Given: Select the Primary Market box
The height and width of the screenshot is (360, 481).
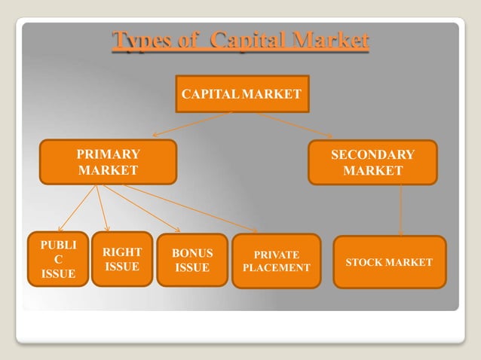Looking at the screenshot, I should (109, 162).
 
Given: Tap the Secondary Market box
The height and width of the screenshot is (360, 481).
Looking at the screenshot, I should (372, 162).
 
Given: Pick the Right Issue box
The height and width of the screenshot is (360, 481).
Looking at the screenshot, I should (122, 259).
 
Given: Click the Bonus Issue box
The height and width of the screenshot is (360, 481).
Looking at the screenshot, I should (192, 261).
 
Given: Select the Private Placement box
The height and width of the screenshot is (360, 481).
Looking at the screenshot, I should (276, 261).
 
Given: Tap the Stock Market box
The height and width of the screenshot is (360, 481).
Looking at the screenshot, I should (389, 262).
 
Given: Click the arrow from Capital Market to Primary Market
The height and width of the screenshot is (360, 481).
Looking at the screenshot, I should (192, 124).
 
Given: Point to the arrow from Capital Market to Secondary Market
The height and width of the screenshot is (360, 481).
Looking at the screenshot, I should (283, 124).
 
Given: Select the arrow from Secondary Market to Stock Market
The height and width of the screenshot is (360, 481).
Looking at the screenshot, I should (400, 210).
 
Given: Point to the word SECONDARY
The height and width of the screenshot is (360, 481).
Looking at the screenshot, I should (372, 154).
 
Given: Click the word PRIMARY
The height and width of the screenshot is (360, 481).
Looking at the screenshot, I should (109, 154).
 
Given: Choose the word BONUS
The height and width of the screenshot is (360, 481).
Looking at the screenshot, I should (192, 253).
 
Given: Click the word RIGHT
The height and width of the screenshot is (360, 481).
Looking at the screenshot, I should (122, 252).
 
